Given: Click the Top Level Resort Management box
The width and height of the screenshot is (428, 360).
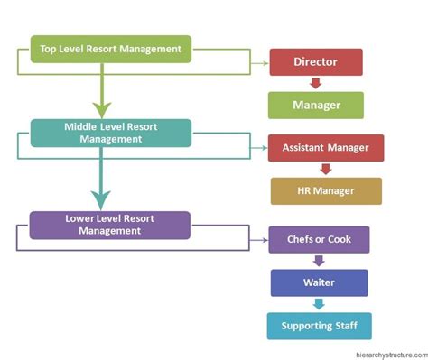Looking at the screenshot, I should (x=110, y=49).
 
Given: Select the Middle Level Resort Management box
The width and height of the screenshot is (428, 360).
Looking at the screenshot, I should (x=110, y=133).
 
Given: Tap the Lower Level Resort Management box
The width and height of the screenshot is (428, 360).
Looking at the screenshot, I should (x=110, y=225).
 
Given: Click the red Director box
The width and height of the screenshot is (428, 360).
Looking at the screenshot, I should (x=315, y=62).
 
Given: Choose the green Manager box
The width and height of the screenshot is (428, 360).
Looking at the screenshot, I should (x=315, y=105).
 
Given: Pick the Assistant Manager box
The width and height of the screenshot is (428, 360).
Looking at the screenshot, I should (x=325, y=147).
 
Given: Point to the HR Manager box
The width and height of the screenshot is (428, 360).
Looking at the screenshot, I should (x=325, y=190).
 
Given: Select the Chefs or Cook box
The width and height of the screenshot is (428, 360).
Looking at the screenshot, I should (x=319, y=239).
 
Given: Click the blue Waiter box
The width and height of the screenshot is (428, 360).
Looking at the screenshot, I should (x=319, y=282).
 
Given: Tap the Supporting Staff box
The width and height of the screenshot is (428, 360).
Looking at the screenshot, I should (x=319, y=325).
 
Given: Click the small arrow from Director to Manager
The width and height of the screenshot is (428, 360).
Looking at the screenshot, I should (x=315, y=83).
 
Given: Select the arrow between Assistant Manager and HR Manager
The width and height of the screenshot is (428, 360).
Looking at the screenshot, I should (x=325, y=169).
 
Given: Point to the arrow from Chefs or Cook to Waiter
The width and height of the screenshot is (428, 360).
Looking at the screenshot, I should (x=318, y=261).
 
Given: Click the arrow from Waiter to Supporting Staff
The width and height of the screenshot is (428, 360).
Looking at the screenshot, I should (x=318, y=304).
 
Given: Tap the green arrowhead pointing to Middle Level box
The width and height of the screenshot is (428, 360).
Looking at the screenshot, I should (x=100, y=108).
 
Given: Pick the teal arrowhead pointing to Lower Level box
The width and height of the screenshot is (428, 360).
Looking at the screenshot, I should (x=100, y=199).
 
